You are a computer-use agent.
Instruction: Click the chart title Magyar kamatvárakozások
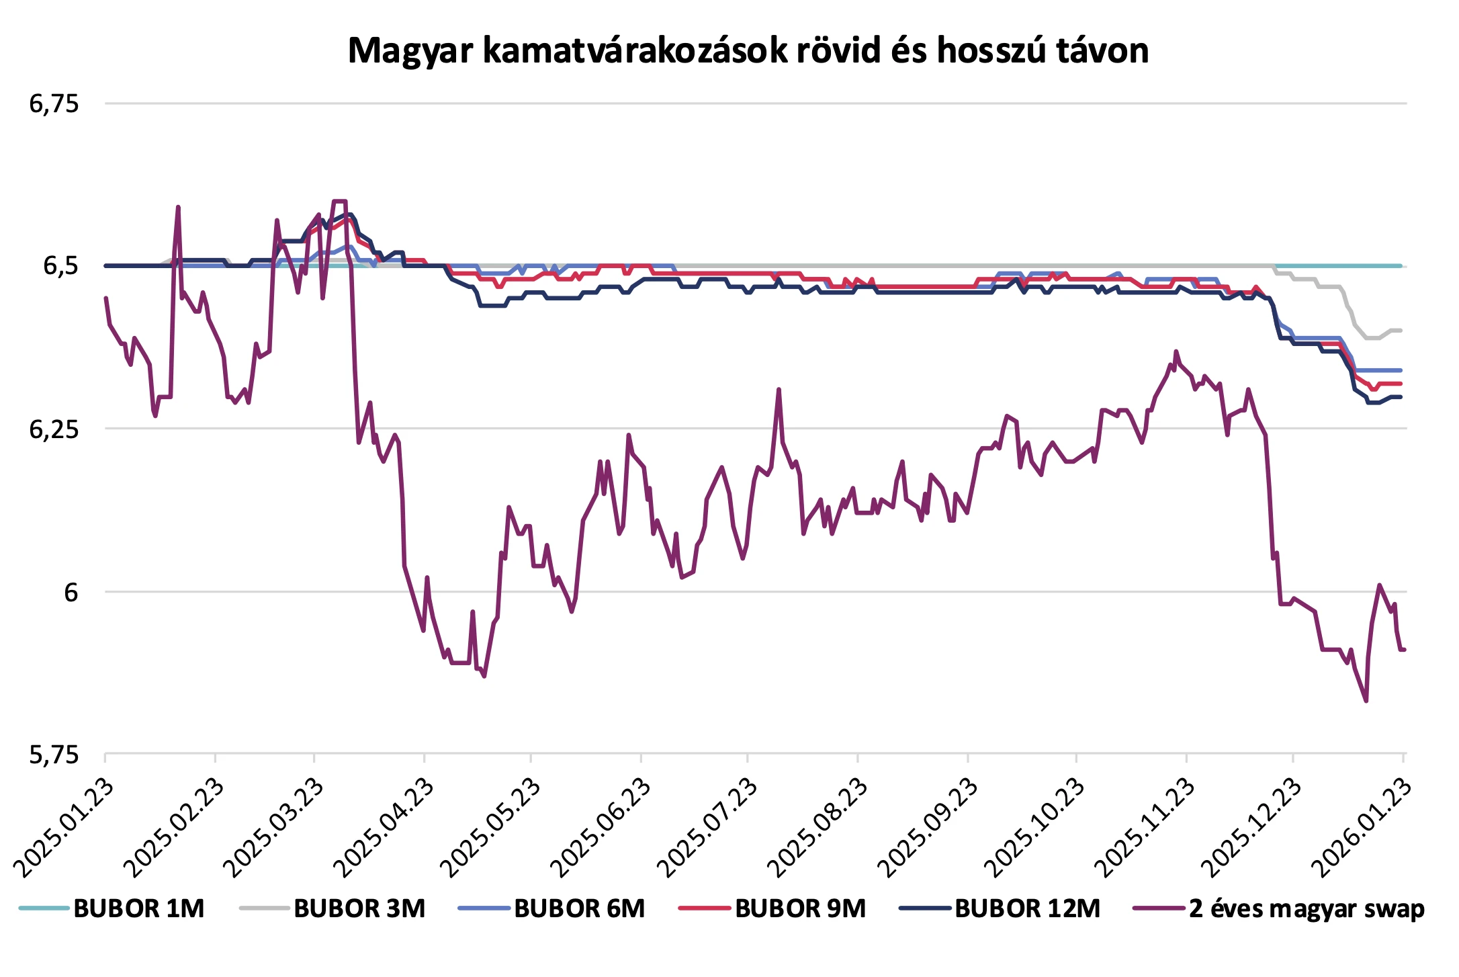(x=748, y=50)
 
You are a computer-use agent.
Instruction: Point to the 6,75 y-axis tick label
(x=54, y=103)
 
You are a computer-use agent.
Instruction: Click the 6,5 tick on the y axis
(x=60, y=266)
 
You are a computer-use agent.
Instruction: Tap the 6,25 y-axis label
(x=54, y=429)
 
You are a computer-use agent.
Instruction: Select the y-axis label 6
(x=71, y=592)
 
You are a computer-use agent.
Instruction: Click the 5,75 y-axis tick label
(x=54, y=755)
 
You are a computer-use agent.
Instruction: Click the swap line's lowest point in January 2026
(x=1366, y=701)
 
